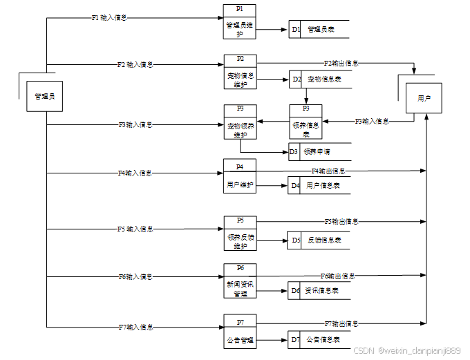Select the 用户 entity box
pos(424,100)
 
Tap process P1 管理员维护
pos(240,21)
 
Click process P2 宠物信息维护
pos(240,73)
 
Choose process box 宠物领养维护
pos(240,122)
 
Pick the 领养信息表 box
pos(305,122)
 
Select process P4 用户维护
pos(240,177)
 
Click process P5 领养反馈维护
pos(240,233)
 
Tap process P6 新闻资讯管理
pos(240,281)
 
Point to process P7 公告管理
pos(240,332)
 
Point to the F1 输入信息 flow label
pos(109,18)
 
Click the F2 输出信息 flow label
pos(341,64)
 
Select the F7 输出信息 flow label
pos(341,323)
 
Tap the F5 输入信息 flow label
pos(135,229)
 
